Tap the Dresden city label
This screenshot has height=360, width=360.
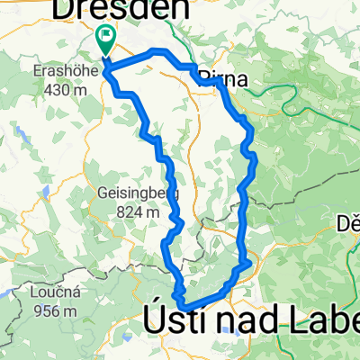pos(123,10)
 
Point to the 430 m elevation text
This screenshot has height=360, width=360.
pos(60,89)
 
